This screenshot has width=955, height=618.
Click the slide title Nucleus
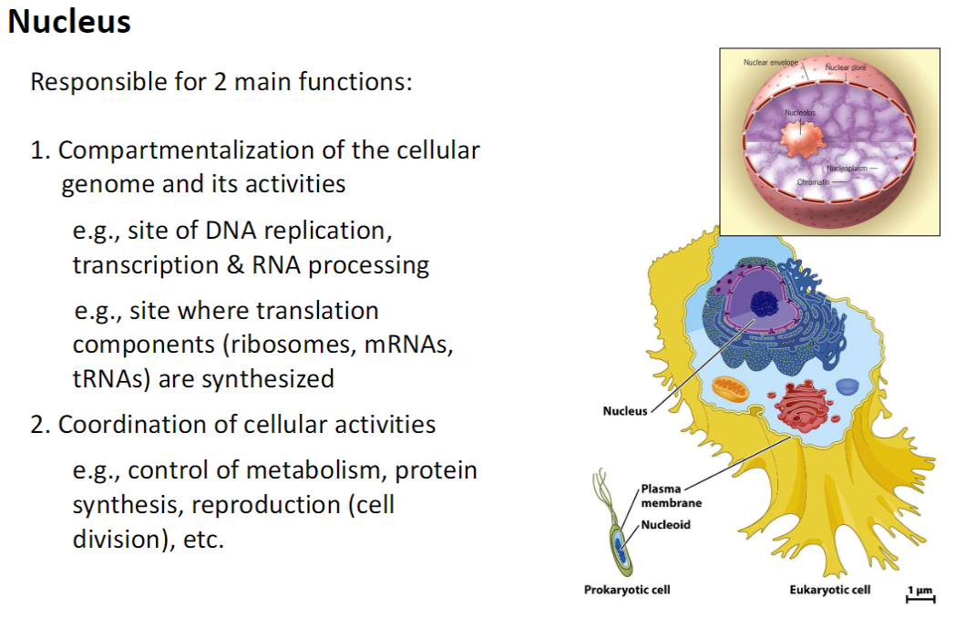coord(69,21)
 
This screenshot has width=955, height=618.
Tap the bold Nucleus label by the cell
coord(624,411)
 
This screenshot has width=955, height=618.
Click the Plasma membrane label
coord(671,496)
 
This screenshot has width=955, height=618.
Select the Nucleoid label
coord(665,525)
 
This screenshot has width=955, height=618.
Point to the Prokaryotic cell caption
coord(627,590)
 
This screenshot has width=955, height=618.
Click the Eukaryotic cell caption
coord(829,590)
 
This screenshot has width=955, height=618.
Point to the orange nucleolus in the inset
coord(799,134)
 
